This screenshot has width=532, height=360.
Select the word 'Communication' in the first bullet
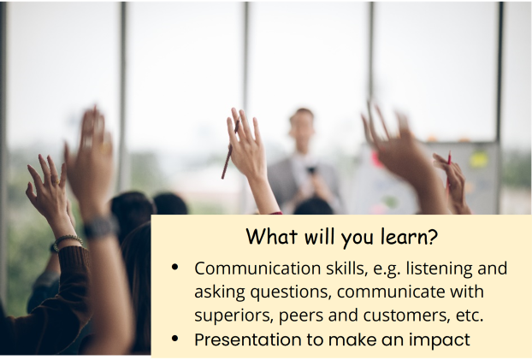pos(257,269)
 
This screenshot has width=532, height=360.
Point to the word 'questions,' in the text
pos(291,292)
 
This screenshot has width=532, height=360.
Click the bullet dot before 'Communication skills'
pos(175,268)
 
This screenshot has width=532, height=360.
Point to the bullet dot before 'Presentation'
pos(175,339)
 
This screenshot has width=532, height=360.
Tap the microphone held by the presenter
pos(310,170)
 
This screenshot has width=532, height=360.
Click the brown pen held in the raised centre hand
pos(230,150)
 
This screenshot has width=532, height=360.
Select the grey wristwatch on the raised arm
pos(101,227)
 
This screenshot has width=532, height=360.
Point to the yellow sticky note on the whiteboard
pos(478,159)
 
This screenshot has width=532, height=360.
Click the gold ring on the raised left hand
pos(56,182)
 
